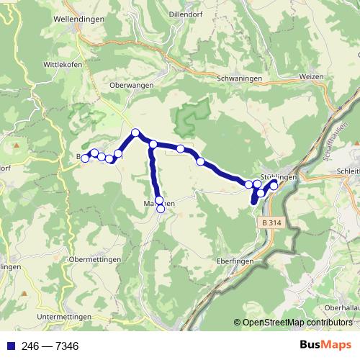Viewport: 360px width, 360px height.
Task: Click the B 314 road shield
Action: point(272,223)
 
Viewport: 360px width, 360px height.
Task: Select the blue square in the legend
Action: point(9,346)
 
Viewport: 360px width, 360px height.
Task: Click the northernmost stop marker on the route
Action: point(135,132)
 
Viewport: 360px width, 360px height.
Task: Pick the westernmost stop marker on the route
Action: point(85,158)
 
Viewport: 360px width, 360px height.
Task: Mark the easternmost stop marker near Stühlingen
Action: point(274,186)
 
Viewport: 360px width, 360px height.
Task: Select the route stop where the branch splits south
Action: point(153,145)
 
